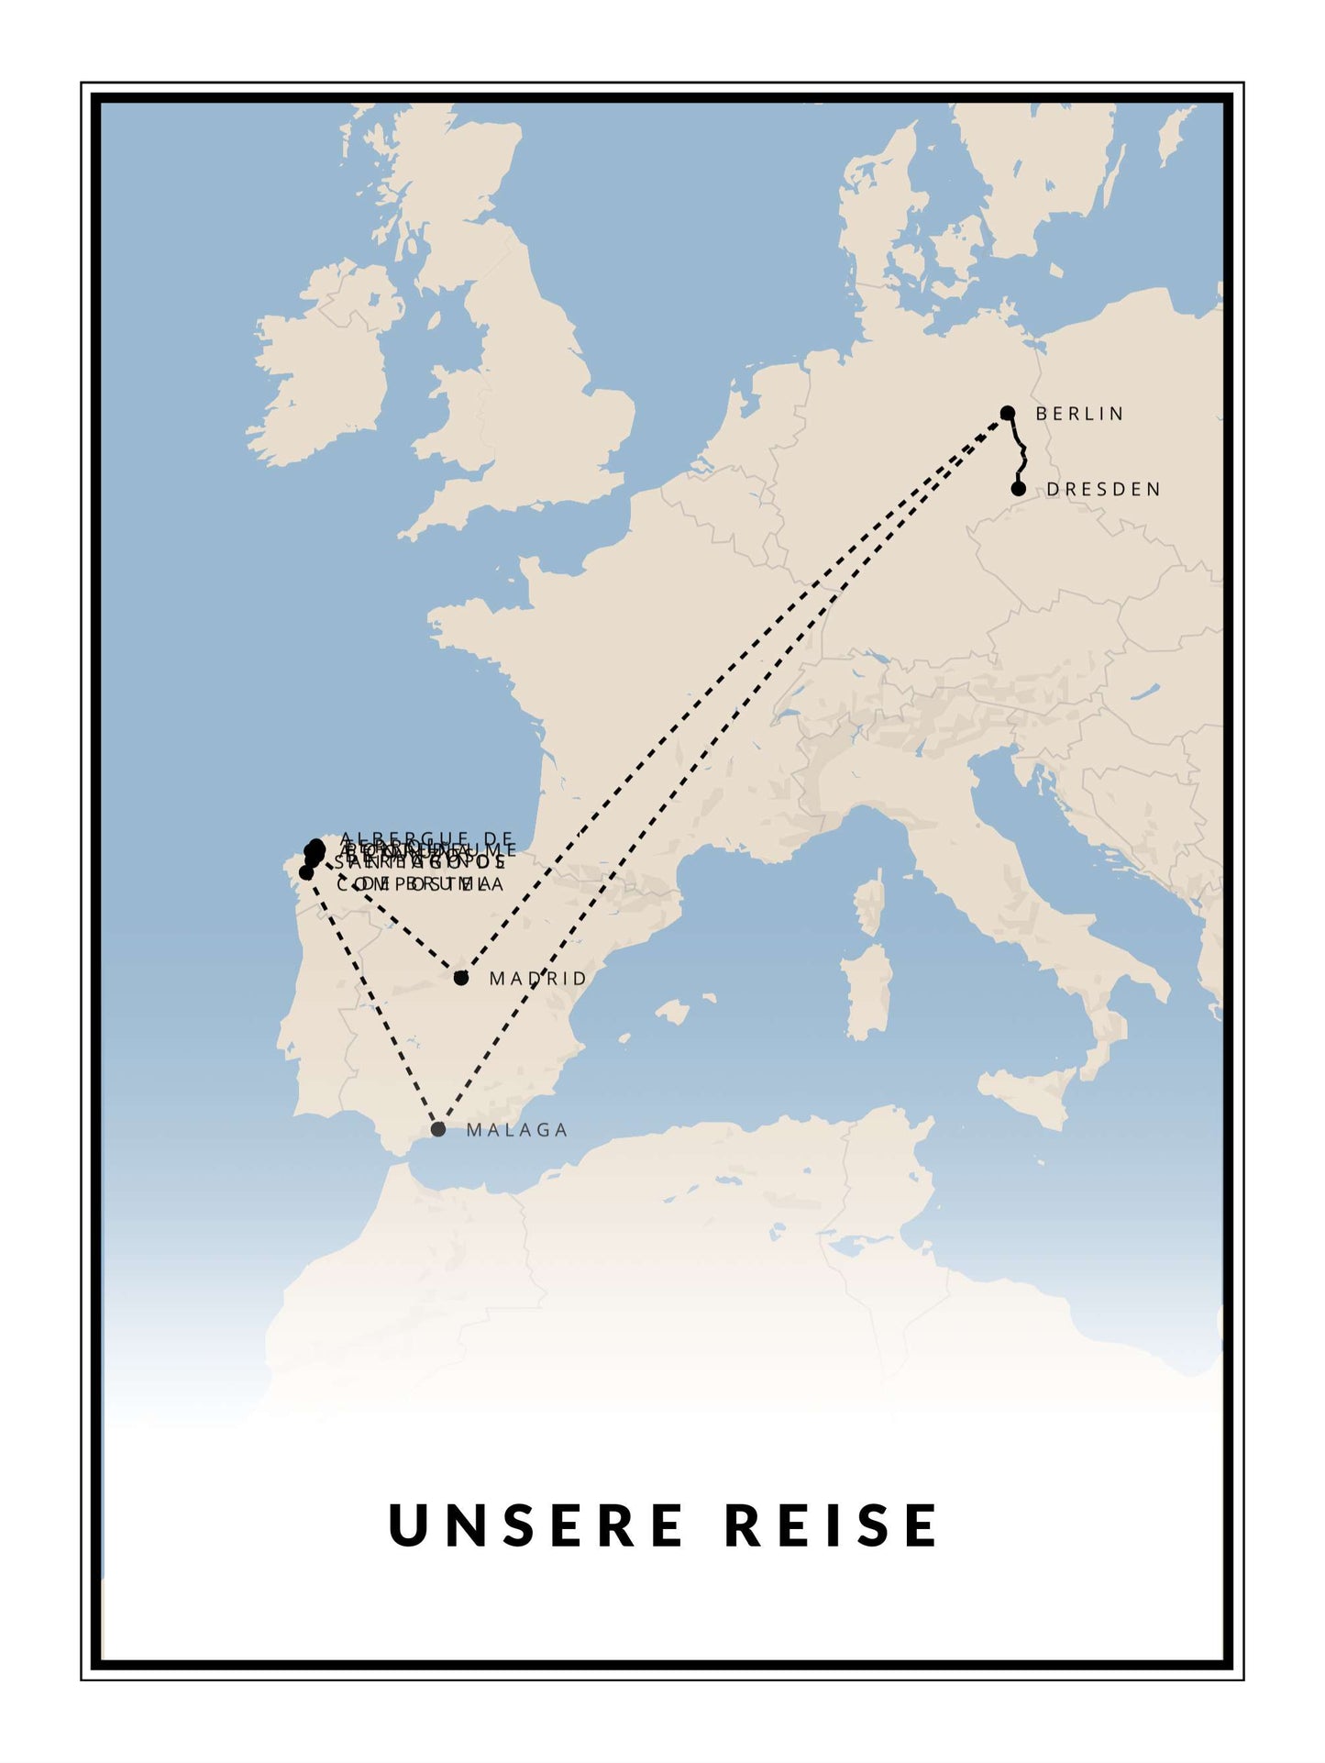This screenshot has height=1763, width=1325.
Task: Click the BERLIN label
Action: (1078, 414)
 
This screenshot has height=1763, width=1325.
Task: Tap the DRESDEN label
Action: (1103, 490)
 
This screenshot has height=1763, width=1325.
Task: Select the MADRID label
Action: (537, 979)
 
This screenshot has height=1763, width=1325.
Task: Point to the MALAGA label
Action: (517, 1130)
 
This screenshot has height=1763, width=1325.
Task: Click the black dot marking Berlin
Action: (1008, 413)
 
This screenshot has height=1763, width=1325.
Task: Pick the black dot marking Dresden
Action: (1018, 489)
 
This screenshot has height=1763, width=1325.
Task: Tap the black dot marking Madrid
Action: (461, 978)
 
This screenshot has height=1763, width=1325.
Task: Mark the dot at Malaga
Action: (438, 1129)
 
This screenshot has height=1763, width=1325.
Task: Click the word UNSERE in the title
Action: (536, 1525)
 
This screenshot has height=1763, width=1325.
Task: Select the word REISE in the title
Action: (832, 1525)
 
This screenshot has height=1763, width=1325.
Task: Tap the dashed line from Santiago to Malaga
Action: (371, 1000)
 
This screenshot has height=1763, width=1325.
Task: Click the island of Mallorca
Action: (672, 1013)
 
